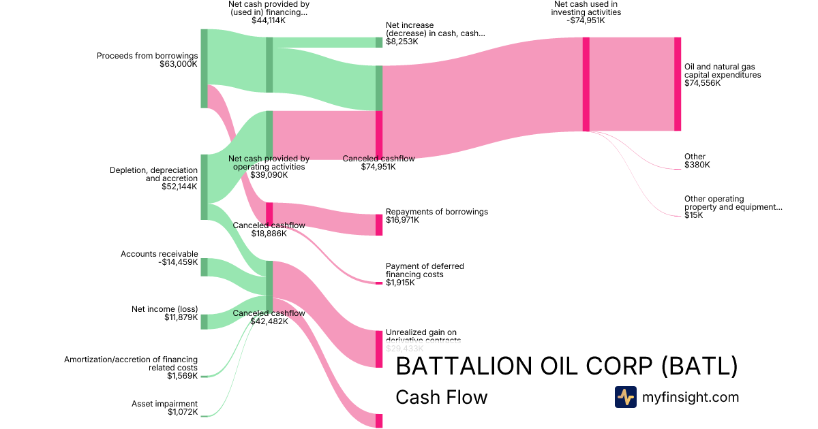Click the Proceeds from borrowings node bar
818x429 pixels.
point(204,68)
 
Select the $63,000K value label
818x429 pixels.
point(179,65)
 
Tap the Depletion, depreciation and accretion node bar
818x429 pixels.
point(204,187)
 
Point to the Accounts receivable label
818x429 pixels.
point(160,254)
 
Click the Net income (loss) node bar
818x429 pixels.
point(204,321)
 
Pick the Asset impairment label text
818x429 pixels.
point(164,404)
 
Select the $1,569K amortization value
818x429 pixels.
point(182,376)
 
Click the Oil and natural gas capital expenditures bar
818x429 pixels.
point(678,84)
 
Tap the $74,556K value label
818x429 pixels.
point(702,83)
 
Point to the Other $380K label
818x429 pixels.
point(696,161)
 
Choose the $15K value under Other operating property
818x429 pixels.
point(693,215)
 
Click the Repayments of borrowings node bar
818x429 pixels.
point(379,225)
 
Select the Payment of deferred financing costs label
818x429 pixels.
point(425,270)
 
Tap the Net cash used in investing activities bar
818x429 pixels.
point(586,84)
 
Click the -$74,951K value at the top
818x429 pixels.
point(585,20)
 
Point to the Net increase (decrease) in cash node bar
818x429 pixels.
point(379,42)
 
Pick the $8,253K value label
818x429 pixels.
point(402,42)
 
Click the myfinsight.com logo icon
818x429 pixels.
point(625,397)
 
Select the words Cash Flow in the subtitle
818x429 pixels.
point(441,397)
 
